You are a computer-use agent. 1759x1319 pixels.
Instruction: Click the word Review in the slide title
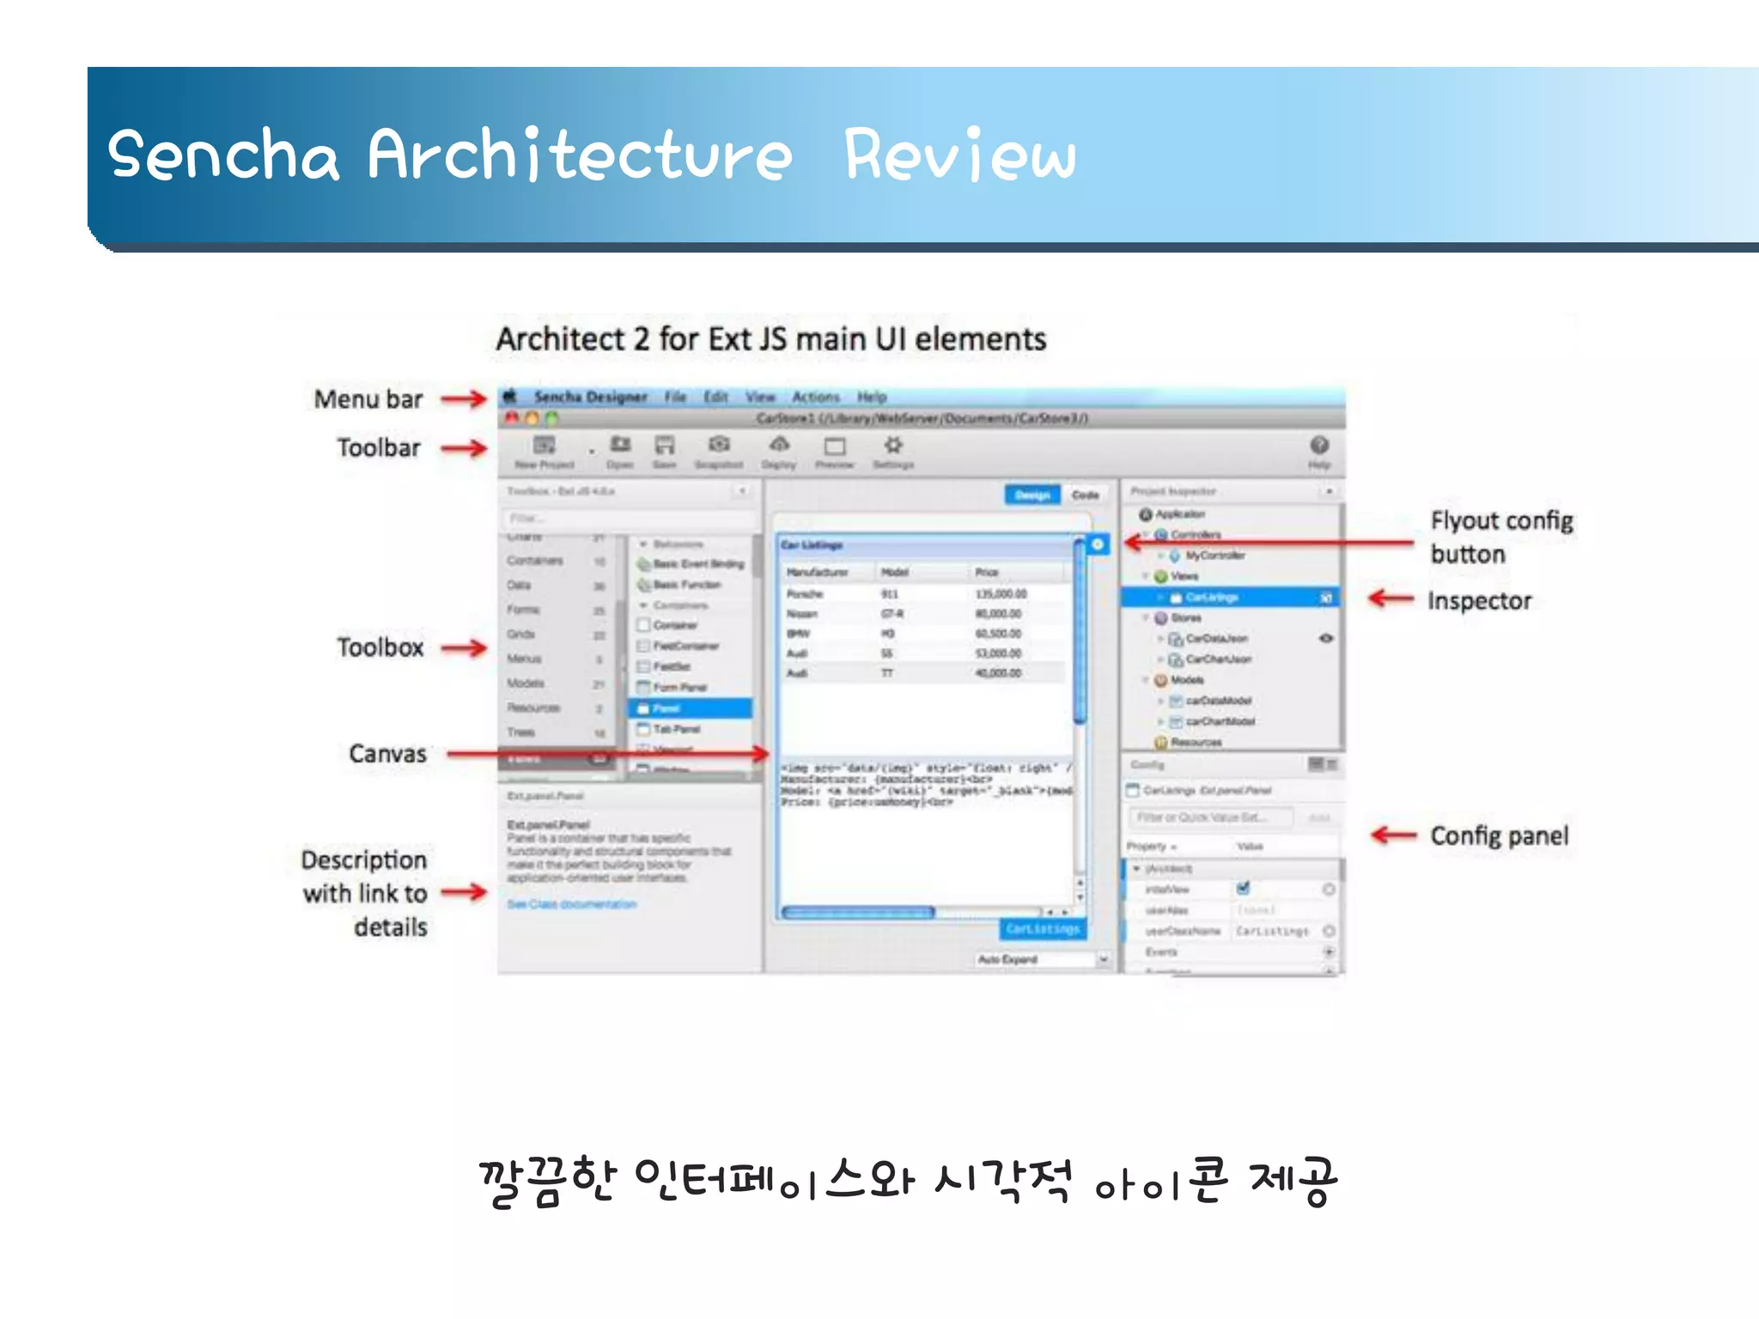959,155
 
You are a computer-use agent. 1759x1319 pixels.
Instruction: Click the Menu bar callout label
368,399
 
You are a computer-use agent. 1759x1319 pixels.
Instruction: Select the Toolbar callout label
379,447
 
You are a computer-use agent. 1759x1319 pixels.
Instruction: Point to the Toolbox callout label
380,647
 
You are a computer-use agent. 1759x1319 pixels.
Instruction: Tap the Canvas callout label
387,754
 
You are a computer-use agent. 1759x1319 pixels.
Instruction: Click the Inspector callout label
1479,601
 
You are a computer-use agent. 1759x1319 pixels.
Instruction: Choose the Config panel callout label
1499,836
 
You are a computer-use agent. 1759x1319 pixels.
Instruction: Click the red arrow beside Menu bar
464,398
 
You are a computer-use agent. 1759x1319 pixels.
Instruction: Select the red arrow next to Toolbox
464,648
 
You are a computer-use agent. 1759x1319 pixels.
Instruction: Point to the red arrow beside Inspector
1391,599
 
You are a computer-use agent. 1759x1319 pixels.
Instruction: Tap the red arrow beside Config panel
1393,835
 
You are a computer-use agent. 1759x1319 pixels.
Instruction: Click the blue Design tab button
1032,495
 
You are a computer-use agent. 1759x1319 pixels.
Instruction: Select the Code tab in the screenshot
1085,495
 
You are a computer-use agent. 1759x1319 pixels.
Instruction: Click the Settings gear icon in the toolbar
893,446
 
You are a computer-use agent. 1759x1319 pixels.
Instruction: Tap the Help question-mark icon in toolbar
1319,446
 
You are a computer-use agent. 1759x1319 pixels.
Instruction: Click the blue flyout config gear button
1098,544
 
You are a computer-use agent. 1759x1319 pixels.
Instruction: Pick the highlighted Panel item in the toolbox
691,708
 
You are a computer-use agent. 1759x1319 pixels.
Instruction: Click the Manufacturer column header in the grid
817,572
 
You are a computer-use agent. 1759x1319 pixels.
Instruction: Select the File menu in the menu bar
675,397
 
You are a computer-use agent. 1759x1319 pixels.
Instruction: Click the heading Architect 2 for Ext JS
770,339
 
